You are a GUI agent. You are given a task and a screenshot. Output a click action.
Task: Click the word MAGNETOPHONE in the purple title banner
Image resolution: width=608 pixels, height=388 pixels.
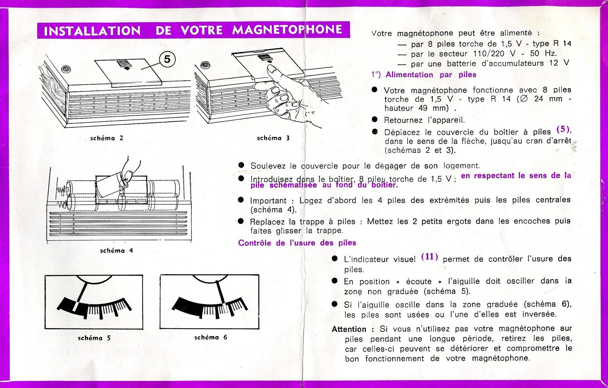pos(287,30)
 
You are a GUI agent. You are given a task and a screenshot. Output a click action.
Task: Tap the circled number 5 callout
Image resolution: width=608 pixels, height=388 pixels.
pos(167,59)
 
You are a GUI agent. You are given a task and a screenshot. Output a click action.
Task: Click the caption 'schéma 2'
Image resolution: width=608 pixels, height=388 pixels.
pos(107,138)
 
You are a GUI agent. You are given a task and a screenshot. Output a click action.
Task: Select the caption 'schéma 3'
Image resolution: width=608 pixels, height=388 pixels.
pos(273,138)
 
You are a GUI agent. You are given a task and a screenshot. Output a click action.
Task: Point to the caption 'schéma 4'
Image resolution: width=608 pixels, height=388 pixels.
pos(117,251)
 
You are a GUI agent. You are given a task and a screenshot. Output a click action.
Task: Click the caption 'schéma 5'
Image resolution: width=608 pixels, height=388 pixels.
pos(94,338)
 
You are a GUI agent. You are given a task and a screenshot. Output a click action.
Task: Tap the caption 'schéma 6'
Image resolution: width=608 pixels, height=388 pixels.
pos(211,337)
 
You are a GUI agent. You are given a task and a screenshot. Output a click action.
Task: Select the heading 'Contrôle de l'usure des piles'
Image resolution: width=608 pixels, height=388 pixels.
pos(297,243)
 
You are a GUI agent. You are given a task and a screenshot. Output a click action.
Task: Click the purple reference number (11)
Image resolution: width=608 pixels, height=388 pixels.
pos(429,257)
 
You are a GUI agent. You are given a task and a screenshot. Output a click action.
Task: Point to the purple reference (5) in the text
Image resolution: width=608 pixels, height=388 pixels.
pos(563,129)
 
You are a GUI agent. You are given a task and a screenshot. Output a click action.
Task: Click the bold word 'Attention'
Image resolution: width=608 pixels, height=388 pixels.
pos(349,329)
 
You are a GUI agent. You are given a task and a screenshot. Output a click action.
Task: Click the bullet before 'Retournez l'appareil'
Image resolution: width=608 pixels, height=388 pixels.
pos(375,120)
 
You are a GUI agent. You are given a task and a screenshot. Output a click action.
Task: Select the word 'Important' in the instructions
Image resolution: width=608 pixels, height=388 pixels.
pos(268,201)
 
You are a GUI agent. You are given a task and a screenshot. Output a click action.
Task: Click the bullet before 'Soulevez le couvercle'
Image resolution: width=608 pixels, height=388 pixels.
pos(241,165)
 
